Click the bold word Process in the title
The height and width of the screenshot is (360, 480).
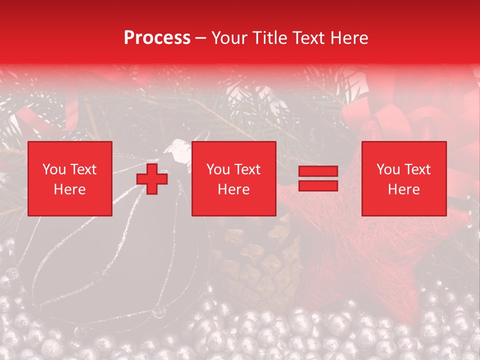[157, 38]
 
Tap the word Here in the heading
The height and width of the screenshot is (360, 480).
[348, 38]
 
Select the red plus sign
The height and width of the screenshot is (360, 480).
[152, 179]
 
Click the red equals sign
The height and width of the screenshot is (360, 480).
[318, 179]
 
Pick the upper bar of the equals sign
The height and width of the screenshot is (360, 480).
[318, 172]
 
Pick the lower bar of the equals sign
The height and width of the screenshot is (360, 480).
[318, 185]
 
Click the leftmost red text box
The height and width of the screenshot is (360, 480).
[69, 178]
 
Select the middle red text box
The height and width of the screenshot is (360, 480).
[233, 178]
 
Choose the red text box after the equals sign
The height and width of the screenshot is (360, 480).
[403, 178]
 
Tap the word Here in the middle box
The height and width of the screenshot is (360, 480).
[233, 189]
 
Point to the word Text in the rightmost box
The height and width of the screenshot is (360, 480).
[417, 169]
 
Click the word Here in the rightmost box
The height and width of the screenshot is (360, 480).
[403, 189]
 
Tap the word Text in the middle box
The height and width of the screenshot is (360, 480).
[247, 169]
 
